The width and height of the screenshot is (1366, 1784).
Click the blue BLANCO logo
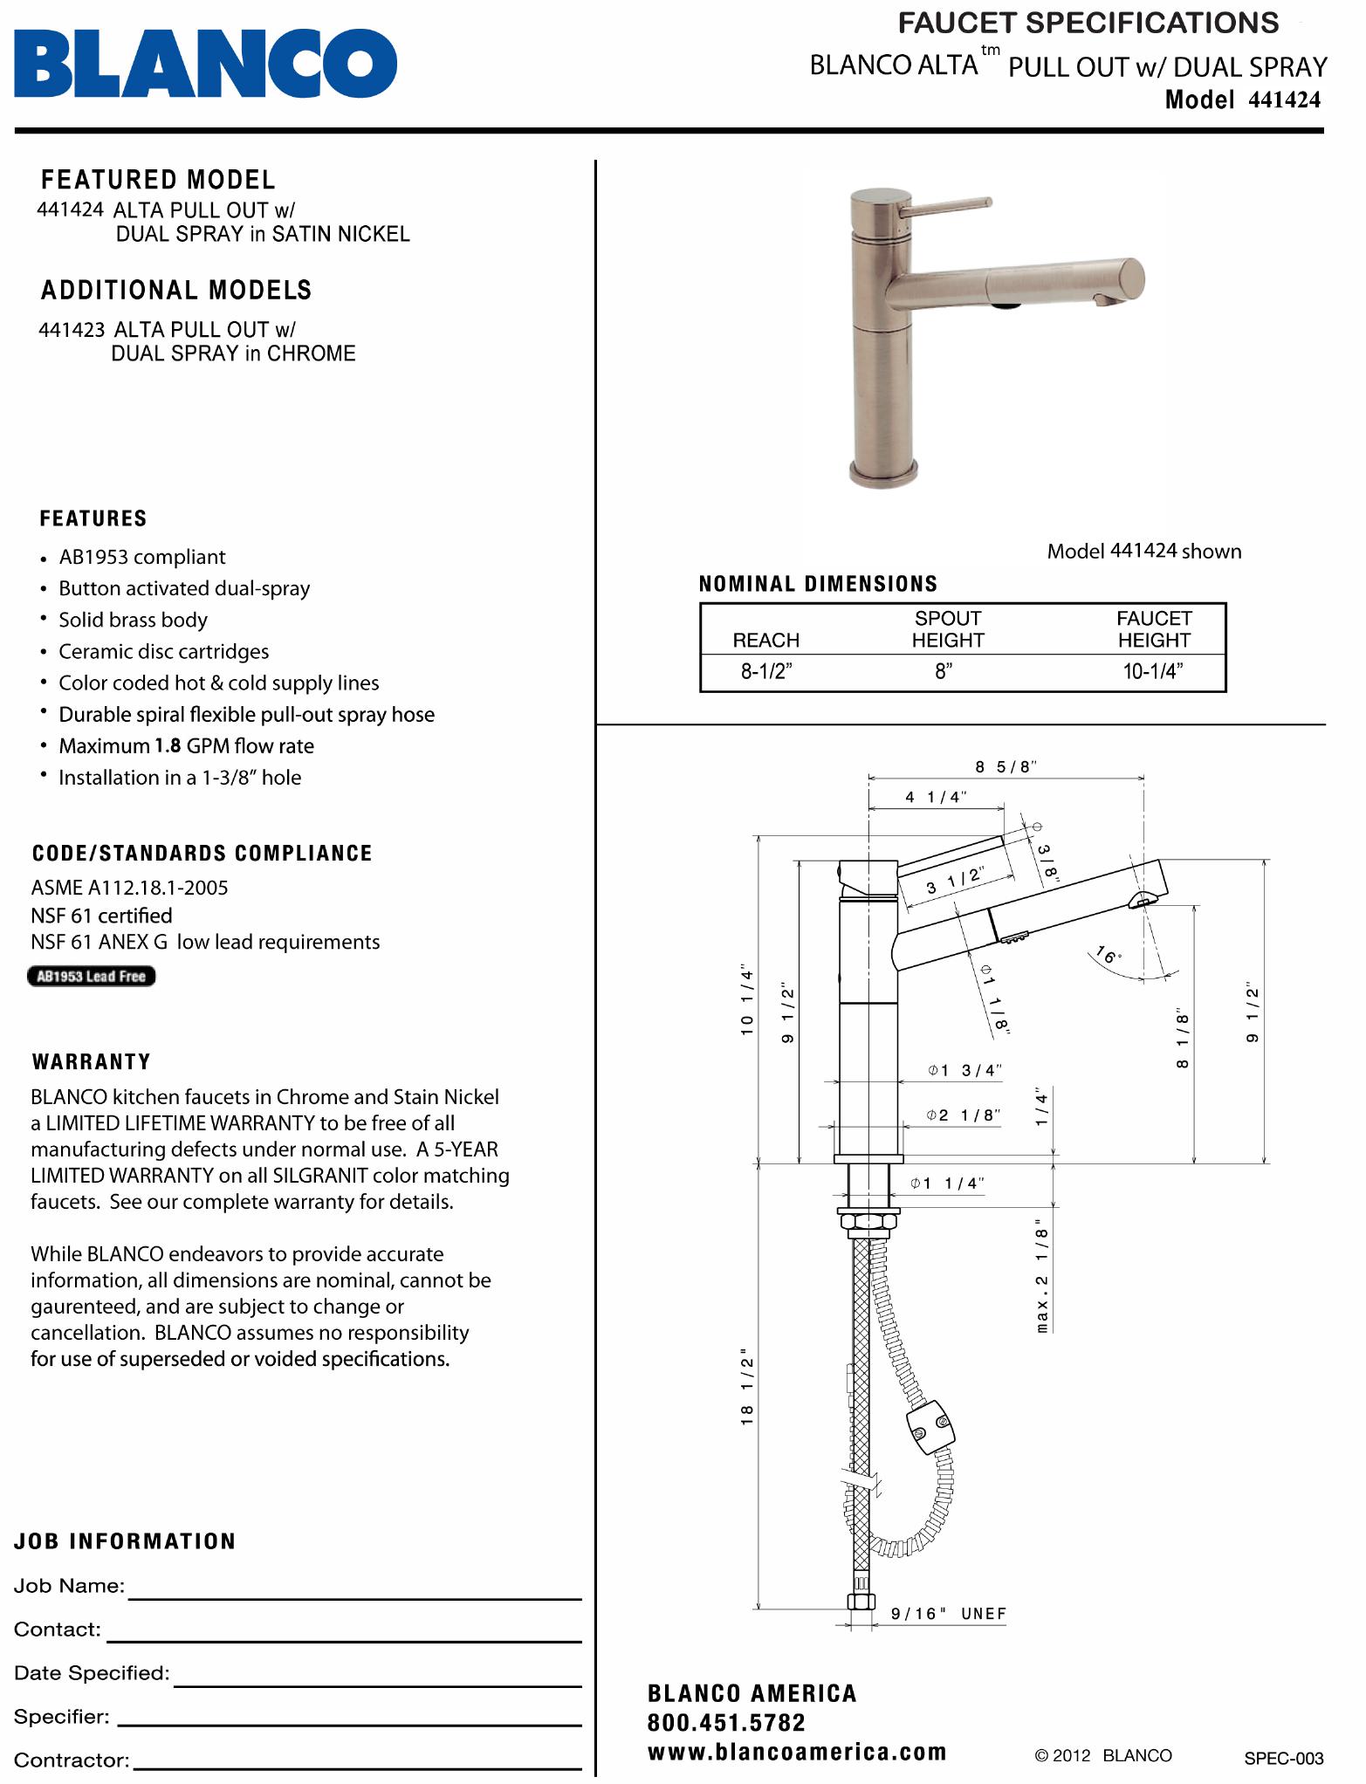tap(205, 63)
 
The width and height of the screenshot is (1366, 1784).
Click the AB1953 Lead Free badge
tap(92, 977)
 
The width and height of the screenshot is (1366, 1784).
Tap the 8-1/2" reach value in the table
tap(766, 671)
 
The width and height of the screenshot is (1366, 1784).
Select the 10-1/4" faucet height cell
tap(1152, 671)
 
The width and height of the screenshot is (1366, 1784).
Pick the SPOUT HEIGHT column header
tap(947, 629)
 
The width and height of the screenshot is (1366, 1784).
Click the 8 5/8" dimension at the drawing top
tap(1006, 767)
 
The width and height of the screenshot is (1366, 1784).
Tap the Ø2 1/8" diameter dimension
tap(964, 1115)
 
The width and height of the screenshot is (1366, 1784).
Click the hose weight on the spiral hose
tap(930, 1428)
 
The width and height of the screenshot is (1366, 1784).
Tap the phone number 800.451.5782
tap(726, 1723)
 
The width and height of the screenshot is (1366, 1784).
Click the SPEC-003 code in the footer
tap(1283, 1759)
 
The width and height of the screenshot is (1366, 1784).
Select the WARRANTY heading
tap(92, 1062)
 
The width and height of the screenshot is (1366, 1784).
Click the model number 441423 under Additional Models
tap(72, 330)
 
